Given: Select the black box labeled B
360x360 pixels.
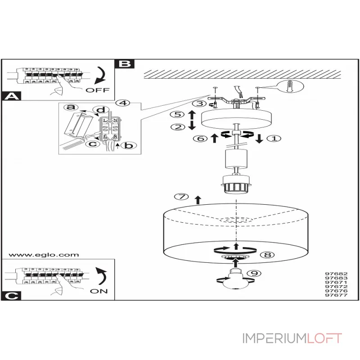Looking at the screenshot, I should click(125, 63).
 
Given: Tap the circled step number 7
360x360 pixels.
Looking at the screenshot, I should click(180, 197).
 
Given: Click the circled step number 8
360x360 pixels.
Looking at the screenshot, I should click(267, 254).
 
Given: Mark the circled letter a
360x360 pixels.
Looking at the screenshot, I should click(69, 107).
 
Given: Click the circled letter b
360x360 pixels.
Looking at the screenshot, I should click(128, 145).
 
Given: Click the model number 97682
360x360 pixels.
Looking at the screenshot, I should click(336, 273).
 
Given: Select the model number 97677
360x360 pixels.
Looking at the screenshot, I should click(336, 296).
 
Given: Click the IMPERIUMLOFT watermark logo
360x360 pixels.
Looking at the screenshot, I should click(292, 338).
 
